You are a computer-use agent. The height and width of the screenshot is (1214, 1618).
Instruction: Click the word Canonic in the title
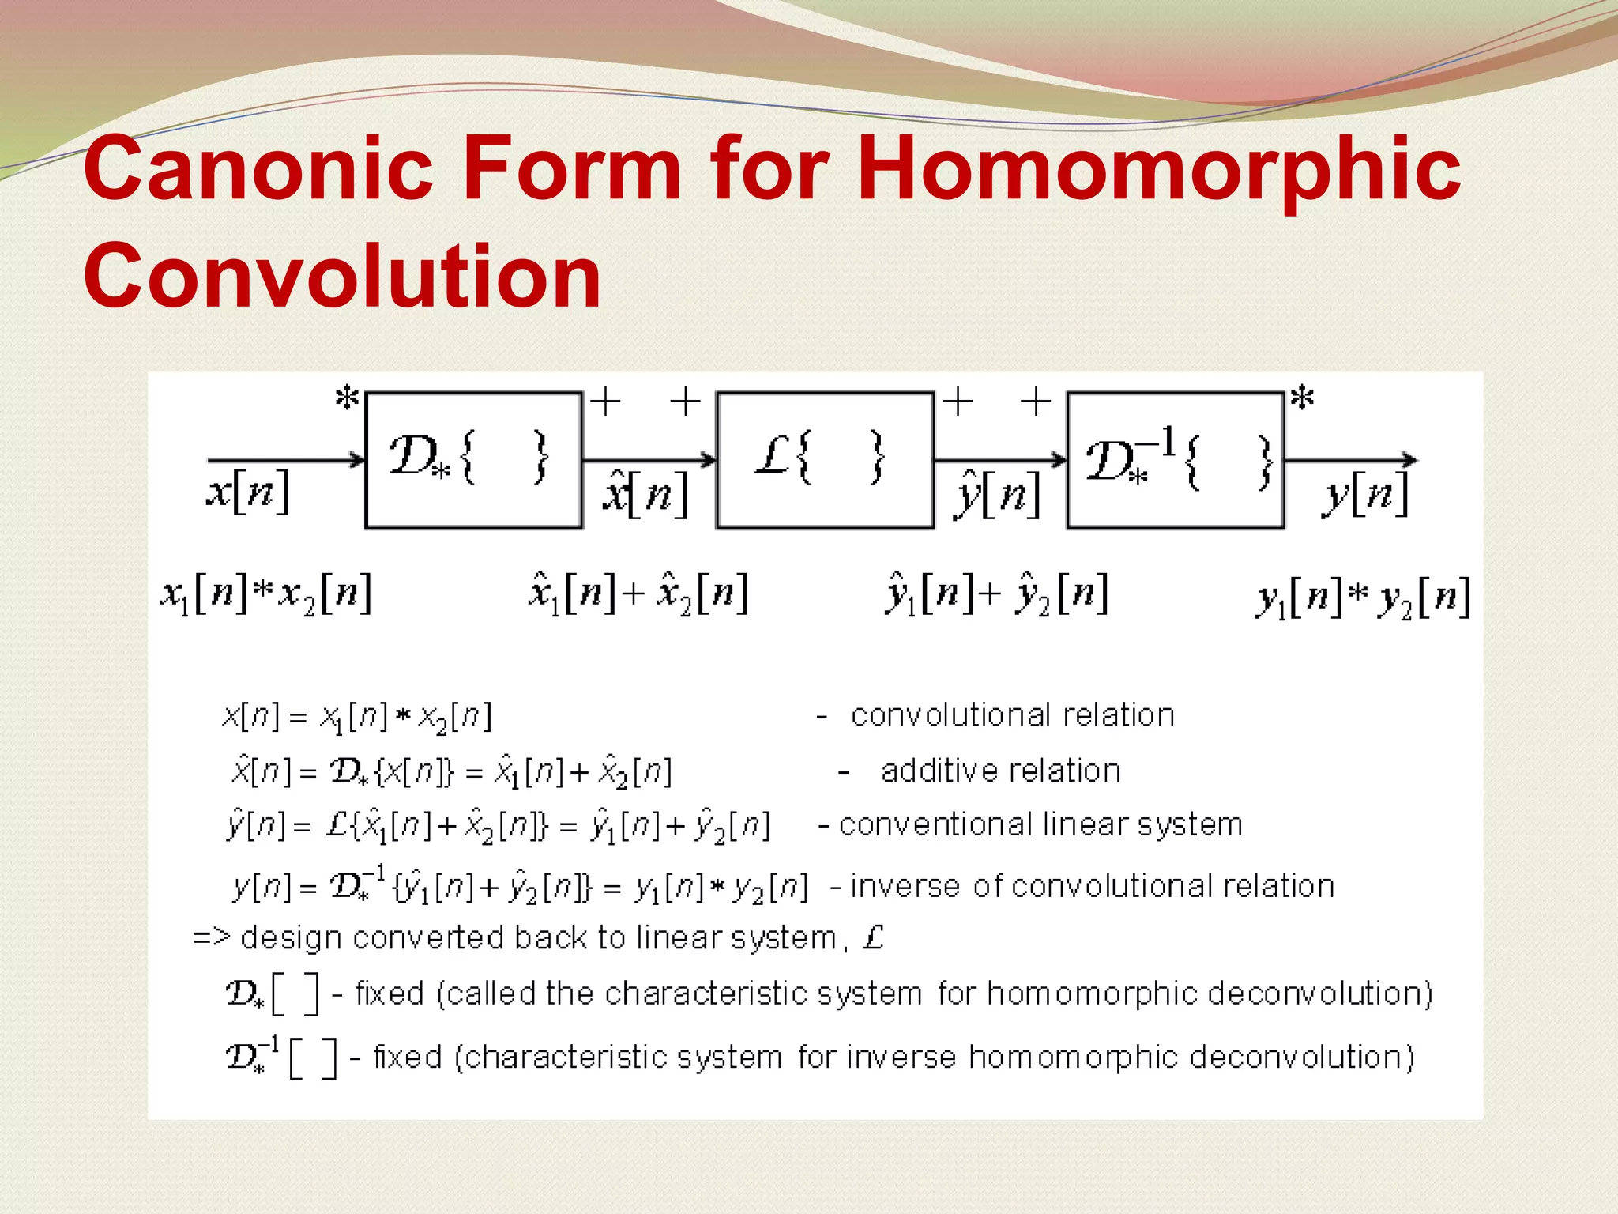(258, 168)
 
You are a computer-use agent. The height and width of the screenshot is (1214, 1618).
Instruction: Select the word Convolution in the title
(342, 276)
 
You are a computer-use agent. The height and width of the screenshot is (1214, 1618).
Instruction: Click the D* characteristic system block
(473, 459)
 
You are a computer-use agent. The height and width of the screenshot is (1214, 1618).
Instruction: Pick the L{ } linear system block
(825, 459)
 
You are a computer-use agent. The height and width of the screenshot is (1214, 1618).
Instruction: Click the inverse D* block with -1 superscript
(1176, 459)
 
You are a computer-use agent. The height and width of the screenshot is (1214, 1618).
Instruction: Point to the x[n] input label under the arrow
(248, 492)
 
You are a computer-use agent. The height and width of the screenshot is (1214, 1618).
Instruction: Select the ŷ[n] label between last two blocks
(997, 495)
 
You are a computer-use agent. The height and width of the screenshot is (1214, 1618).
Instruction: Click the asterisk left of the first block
(347, 398)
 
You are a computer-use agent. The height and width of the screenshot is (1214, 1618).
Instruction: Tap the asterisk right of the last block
(1301, 398)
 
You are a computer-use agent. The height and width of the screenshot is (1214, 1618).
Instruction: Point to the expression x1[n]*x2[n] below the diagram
(266, 594)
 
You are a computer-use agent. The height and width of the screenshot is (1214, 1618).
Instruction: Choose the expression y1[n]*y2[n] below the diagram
(1363, 598)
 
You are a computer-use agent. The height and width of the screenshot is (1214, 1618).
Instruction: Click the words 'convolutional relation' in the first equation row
(1012, 715)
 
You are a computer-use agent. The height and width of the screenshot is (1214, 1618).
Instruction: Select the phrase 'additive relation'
(1000, 771)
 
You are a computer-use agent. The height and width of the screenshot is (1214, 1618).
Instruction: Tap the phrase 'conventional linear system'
(1040, 825)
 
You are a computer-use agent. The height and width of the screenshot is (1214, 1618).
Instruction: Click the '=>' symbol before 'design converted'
(211, 938)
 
